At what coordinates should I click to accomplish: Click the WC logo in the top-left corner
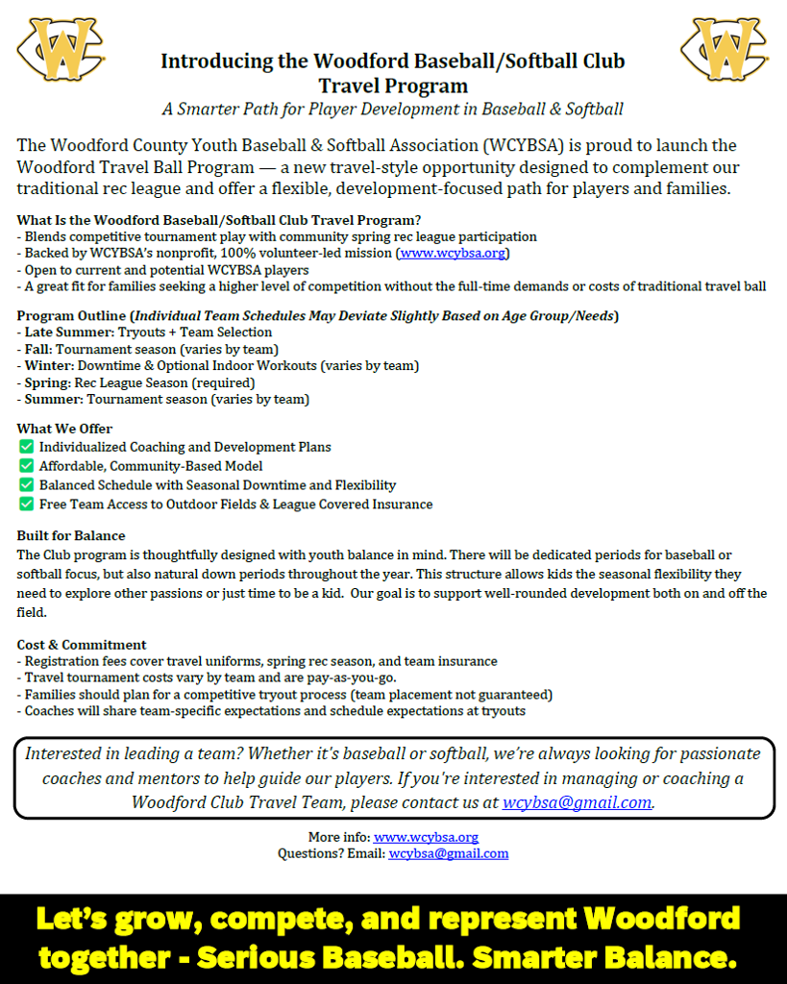click(x=60, y=48)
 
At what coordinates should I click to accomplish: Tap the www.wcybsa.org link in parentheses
click(x=453, y=254)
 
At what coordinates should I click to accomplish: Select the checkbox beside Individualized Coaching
click(x=26, y=447)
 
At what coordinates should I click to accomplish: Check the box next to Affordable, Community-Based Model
click(x=26, y=466)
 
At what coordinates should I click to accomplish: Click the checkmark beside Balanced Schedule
click(x=26, y=485)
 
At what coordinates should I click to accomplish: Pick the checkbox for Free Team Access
click(x=26, y=504)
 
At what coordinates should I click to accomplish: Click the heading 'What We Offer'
click(x=64, y=429)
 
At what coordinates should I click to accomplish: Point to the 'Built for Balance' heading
click(x=71, y=535)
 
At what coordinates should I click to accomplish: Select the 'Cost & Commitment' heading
click(x=82, y=645)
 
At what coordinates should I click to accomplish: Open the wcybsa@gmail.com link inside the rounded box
click(x=577, y=802)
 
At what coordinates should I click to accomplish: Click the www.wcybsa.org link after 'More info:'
click(x=426, y=838)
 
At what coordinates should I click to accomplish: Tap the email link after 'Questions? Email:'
click(x=448, y=853)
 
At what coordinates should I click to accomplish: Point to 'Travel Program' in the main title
click(x=392, y=86)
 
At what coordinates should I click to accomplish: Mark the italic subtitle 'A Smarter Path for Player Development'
click(x=392, y=110)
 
